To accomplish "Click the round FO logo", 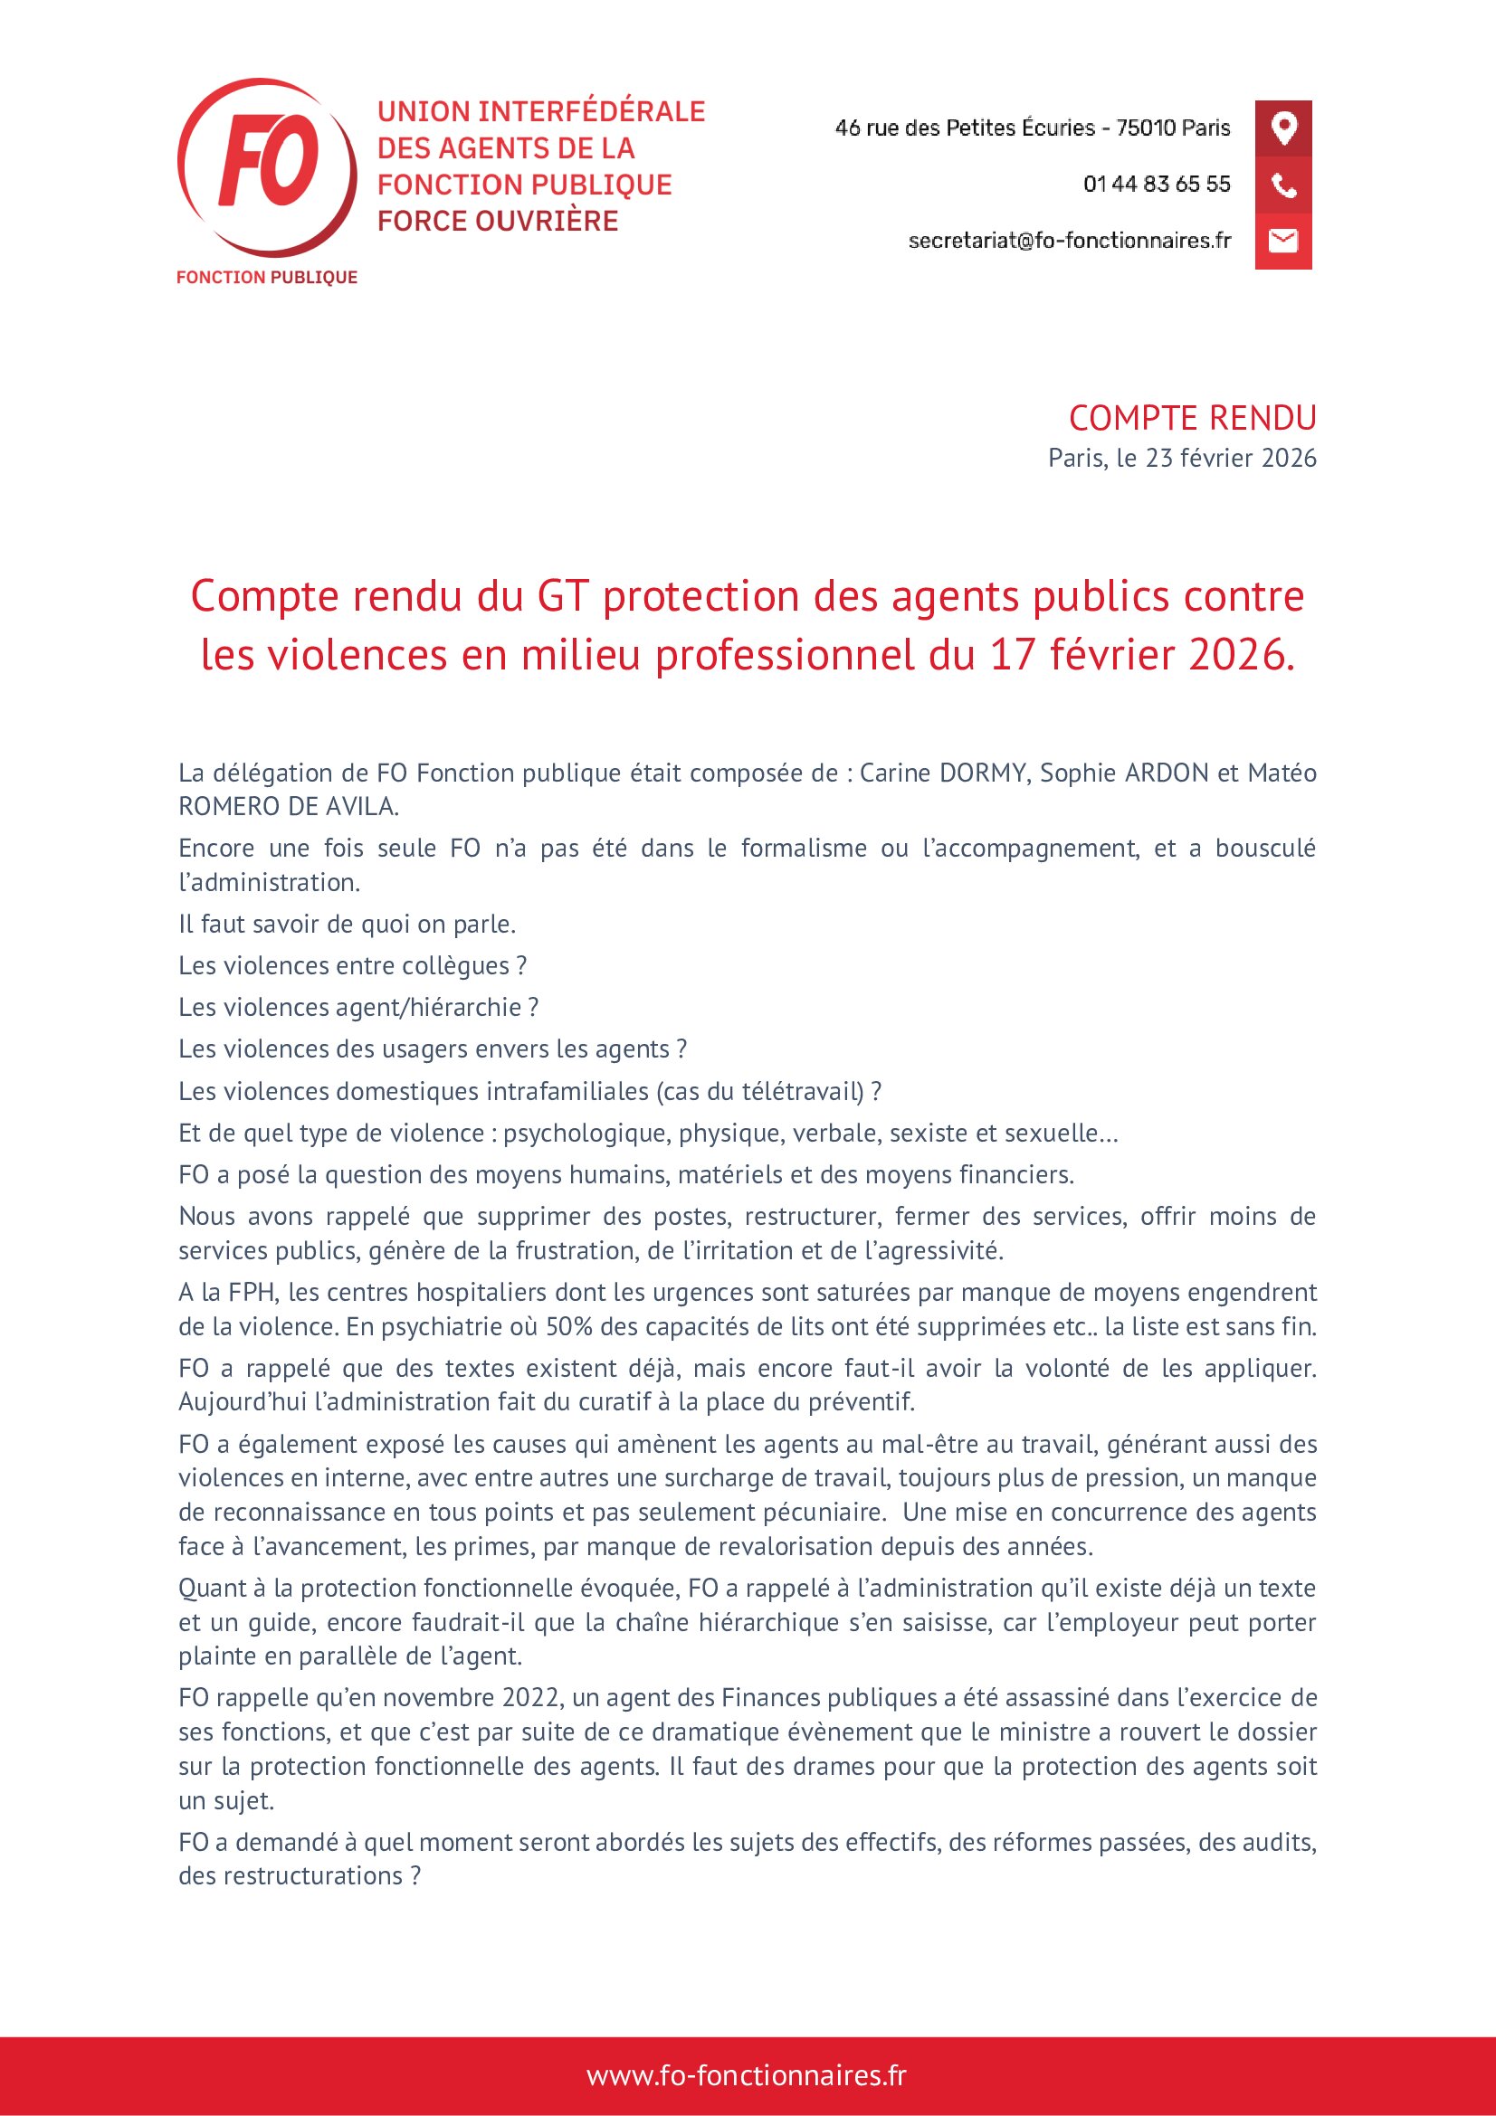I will pos(266,166).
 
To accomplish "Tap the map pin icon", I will pos(1283,128).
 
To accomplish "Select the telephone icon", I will pos(1283,185).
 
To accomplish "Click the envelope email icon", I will pos(1283,242).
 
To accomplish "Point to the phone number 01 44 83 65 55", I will pos(1157,185).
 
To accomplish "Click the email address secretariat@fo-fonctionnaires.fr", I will pos(1069,241).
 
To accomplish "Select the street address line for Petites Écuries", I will pos(1033,128).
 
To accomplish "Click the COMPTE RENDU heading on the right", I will pos(1192,419).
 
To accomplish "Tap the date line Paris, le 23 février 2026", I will pos(1182,458).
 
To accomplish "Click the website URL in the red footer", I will pos(747,2075).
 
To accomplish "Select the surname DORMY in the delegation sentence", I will pos(981,773).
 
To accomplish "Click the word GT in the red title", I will pos(562,596).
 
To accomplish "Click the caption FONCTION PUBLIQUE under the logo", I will pos(266,278).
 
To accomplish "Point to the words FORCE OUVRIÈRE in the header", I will pos(498,221).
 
